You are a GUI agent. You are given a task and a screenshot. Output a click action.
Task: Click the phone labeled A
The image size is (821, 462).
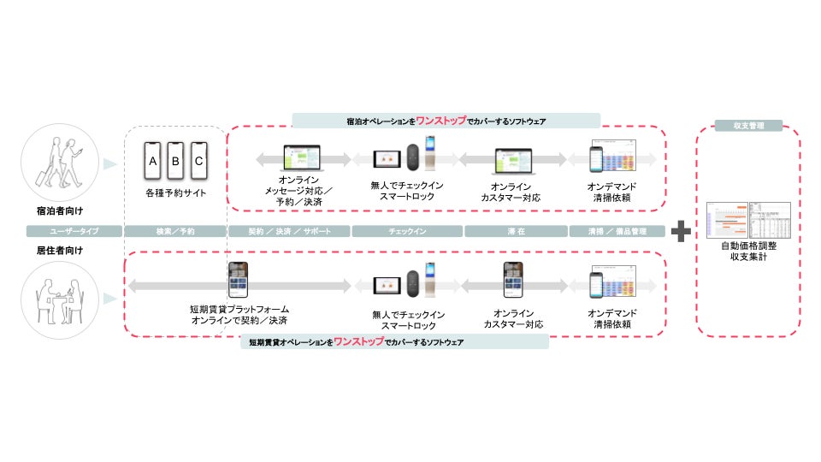point(153,161)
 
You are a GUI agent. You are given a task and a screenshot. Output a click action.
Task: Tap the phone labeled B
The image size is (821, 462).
point(176,161)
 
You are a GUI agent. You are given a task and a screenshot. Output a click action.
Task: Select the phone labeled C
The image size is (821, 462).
point(199,161)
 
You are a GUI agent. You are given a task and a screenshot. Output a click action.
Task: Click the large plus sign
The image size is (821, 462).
point(681,231)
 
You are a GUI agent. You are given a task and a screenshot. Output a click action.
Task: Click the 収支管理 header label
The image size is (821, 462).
point(747,126)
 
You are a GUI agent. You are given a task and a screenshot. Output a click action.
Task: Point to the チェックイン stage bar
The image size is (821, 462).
point(407,231)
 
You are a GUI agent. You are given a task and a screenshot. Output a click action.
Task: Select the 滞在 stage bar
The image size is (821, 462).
point(516,231)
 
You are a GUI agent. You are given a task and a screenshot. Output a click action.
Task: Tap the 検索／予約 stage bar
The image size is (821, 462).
point(174,231)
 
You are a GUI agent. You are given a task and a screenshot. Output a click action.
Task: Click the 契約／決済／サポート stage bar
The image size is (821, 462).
point(289,231)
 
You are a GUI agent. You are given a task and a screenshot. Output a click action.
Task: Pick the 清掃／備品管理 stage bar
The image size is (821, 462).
point(617,231)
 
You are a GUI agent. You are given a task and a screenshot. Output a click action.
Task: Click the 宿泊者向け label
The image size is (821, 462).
point(48,210)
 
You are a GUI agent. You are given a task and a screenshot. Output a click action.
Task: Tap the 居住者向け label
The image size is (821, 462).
point(48,252)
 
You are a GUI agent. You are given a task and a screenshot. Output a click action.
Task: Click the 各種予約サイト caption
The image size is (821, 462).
point(175,193)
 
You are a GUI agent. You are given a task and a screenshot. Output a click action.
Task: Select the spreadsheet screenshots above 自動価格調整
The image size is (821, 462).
point(748,219)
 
